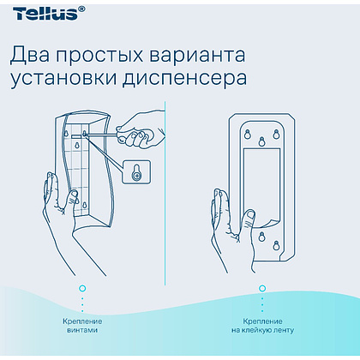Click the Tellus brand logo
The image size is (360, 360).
tap(40, 11)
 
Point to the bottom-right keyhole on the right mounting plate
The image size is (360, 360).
tap(277, 245)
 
